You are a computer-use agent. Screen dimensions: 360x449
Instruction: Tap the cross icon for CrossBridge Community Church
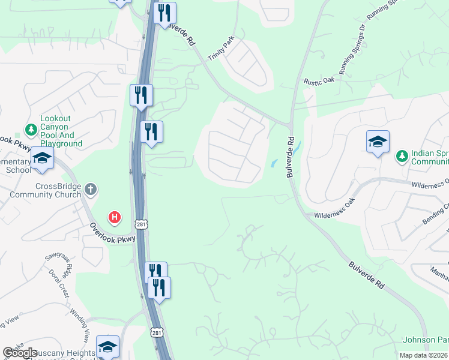tap(91, 190)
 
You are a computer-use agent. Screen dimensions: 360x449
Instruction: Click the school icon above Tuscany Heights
tap(107, 346)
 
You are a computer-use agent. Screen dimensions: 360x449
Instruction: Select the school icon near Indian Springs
tap(378, 142)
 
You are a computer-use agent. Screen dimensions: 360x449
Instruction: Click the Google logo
tap(20, 353)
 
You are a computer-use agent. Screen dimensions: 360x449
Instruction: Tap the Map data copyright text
tap(424, 355)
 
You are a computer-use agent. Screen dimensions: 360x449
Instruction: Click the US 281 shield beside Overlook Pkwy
tap(142, 224)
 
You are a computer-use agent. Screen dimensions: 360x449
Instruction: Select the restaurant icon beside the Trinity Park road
tap(164, 13)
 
